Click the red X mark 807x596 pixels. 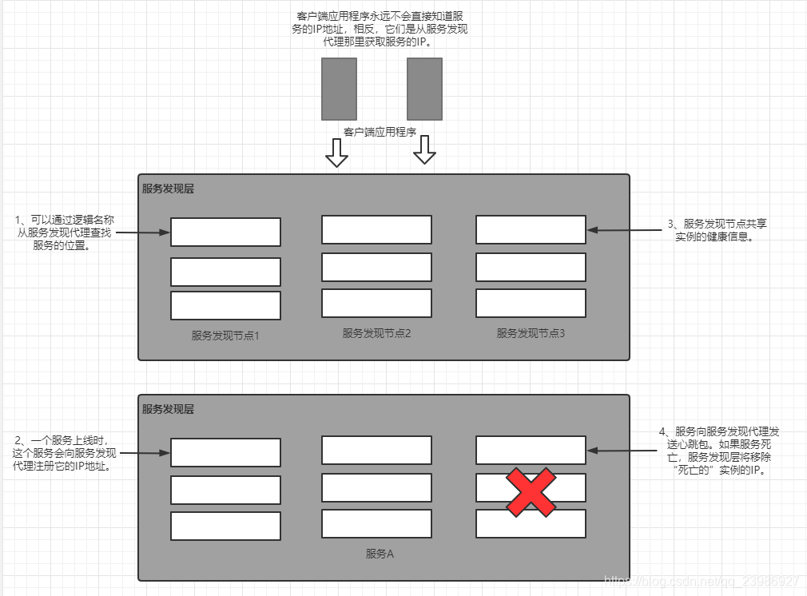pos(531,493)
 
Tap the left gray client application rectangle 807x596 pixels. pos(339,89)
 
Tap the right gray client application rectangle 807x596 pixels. pos(424,89)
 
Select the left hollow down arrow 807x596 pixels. pos(337,153)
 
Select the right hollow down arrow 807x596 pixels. pos(423,149)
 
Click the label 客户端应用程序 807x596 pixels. pos(380,131)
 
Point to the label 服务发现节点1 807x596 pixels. pos(225,336)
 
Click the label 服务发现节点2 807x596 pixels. pos(376,333)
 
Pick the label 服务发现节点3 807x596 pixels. pos(531,333)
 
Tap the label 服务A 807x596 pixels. pos(380,553)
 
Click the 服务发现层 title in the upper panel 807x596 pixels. pos(168,189)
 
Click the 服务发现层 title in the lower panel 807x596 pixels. pos(168,409)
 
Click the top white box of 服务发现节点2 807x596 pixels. pos(376,229)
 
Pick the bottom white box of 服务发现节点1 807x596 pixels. pos(225,305)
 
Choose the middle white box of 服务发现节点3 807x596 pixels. pos(531,267)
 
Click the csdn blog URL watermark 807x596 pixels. pos(703,581)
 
